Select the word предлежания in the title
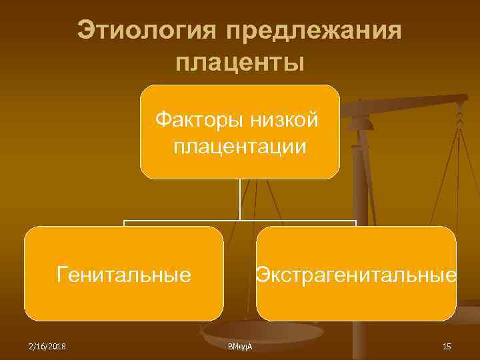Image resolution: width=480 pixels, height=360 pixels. click(x=314, y=31)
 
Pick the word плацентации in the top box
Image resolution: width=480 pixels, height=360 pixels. click(x=240, y=146)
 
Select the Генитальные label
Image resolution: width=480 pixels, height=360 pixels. click(x=124, y=274)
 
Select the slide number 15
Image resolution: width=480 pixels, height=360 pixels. click(x=447, y=347)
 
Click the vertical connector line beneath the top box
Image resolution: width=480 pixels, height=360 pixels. click(x=240, y=200)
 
